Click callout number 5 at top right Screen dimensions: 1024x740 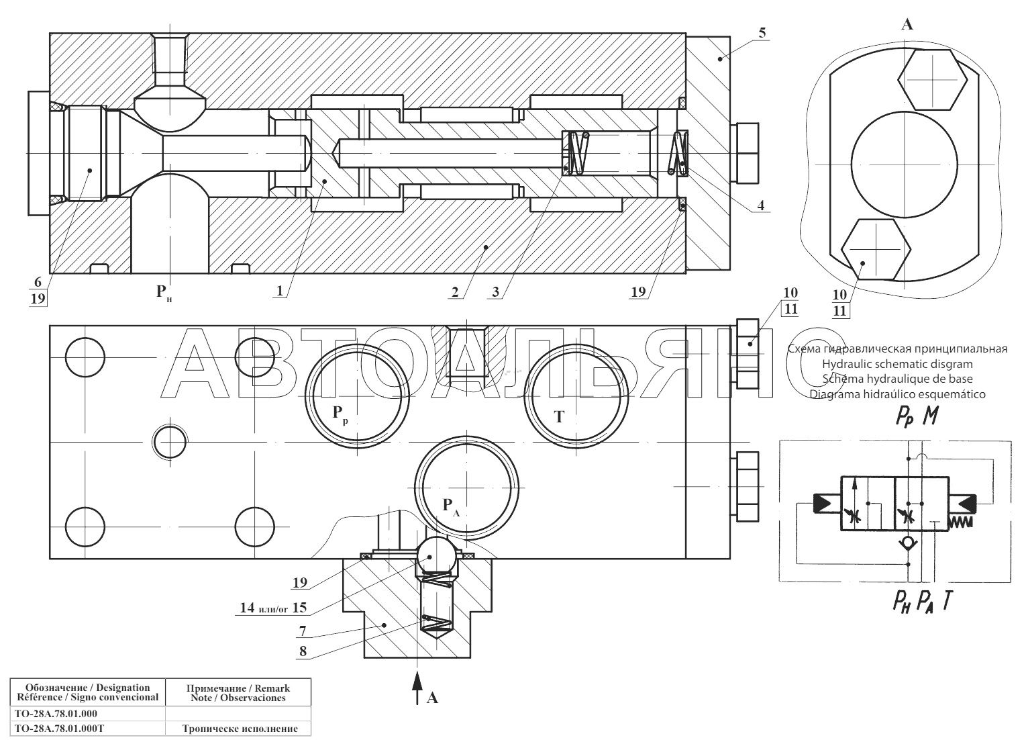tap(762, 32)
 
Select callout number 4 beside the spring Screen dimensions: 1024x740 tap(761, 205)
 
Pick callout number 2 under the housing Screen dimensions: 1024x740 tap(455, 292)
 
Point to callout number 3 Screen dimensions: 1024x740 tap(496, 292)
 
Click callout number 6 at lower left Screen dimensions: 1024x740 tap(38, 282)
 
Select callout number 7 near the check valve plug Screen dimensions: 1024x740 tap(303, 631)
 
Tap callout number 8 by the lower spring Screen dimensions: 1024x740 tap(303, 651)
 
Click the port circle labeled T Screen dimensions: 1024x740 tap(576, 396)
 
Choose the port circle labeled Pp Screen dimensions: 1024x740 tap(357, 396)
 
